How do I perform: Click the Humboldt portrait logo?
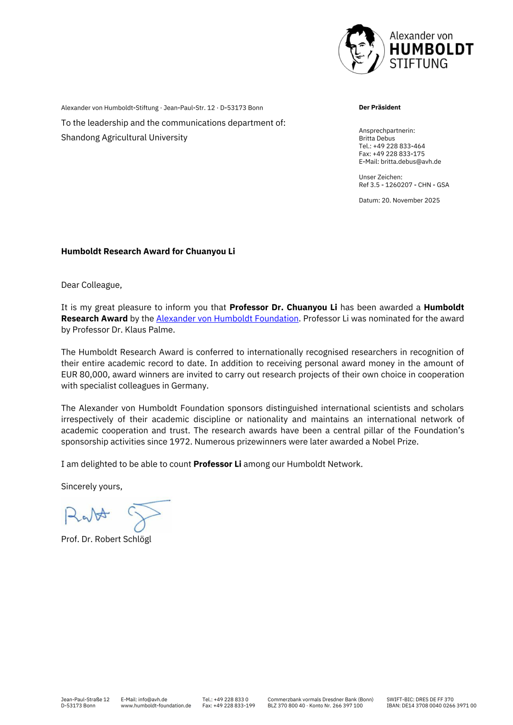(x=361, y=49)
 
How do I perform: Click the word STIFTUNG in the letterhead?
(x=418, y=64)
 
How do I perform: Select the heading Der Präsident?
(x=380, y=107)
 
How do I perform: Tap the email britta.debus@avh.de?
(x=410, y=161)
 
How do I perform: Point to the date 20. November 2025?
(x=410, y=200)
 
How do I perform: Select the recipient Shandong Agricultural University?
(x=124, y=137)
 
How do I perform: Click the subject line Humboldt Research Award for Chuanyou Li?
(x=148, y=251)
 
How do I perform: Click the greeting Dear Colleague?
(x=91, y=285)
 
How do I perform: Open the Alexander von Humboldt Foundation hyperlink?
(x=227, y=319)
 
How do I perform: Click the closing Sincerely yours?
(x=92, y=486)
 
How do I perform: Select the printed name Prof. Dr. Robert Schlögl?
(x=106, y=539)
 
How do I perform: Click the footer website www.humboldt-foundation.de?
(x=156, y=706)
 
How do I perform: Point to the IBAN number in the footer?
(x=431, y=706)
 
